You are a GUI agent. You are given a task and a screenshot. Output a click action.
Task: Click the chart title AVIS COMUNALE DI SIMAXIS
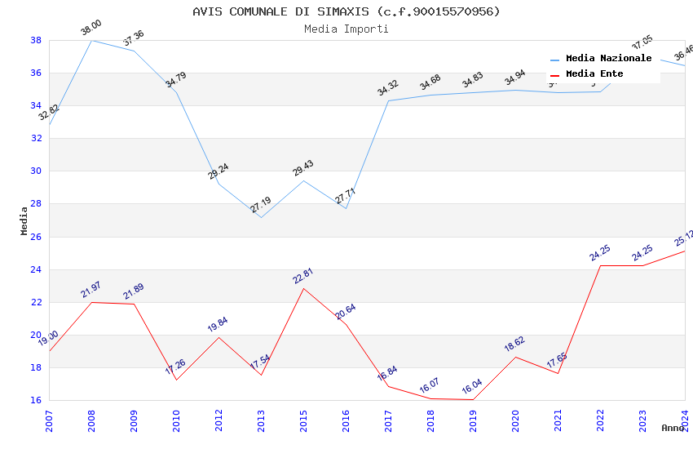point(346,11)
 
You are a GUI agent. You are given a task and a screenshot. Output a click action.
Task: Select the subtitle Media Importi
point(346,29)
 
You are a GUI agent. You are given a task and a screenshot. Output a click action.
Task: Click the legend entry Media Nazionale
point(608,59)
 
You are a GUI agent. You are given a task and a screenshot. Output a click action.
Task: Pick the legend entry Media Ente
point(594,74)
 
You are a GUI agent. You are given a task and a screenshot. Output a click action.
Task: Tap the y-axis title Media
point(24,220)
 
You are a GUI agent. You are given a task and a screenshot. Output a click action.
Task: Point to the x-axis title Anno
point(673,428)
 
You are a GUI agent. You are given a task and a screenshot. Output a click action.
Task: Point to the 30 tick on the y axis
point(36,171)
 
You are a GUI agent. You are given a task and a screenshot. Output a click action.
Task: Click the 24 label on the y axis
point(36,269)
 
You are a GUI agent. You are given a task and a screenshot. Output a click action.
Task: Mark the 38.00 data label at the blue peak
point(90,30)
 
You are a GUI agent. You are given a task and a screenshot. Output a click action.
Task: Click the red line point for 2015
point(303,288)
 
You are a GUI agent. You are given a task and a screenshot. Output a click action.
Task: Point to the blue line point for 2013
point(261,217)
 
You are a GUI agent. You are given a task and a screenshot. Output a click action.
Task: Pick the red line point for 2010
point(176,380)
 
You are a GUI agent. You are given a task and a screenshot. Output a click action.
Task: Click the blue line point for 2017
point(388,100)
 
